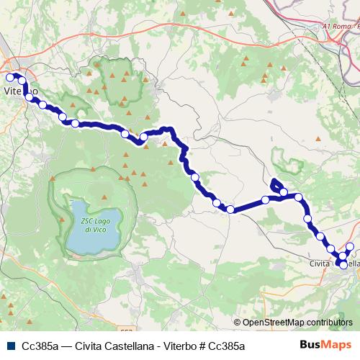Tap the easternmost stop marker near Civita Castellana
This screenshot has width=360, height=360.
tap(351, 247)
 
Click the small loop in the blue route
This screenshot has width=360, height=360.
tap(276, 185)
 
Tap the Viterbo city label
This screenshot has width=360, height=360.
tap(21, 91)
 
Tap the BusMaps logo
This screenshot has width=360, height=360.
tap(325, 346)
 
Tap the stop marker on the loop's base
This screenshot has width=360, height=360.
tap(284, 192)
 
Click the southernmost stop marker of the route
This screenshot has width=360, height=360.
tap(341, 264)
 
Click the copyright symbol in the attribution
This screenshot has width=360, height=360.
tap(238, 322)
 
